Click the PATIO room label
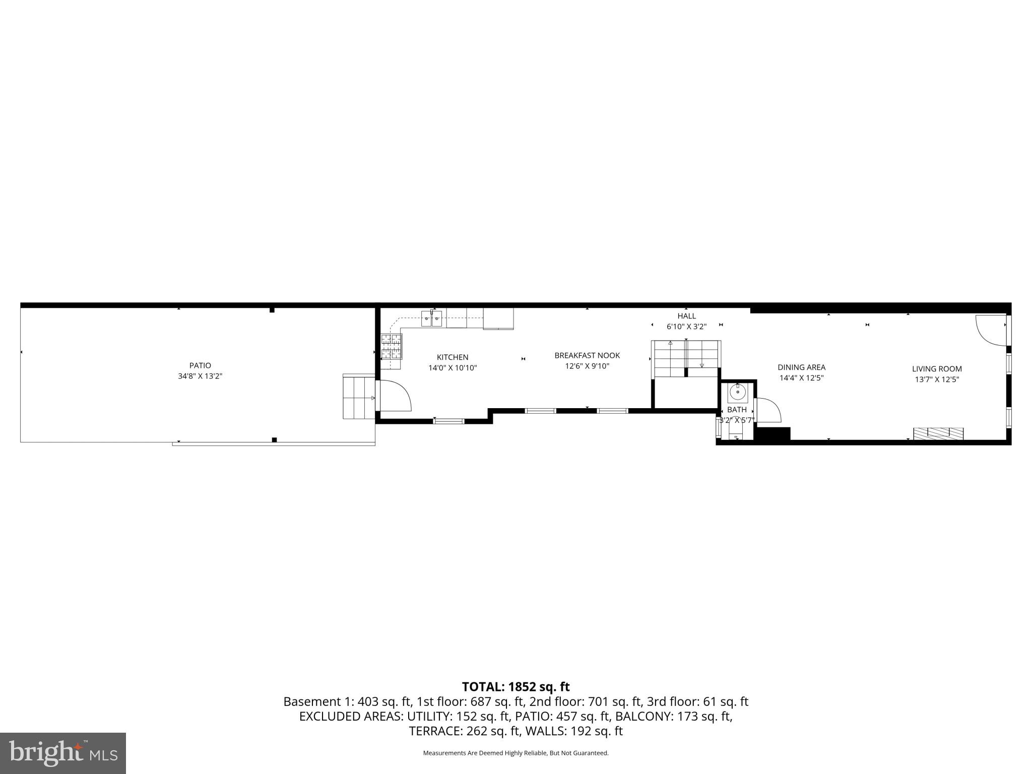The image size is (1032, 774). pos(200,365)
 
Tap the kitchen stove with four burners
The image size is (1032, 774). pos(392,346)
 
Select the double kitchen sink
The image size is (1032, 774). pos(432,318)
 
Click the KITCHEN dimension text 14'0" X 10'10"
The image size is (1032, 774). pos(453,368)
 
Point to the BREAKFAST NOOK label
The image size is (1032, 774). pos(587,355)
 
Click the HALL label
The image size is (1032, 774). pos(686,316)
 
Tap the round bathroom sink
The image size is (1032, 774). pos(738,392)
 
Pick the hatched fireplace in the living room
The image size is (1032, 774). pos(938,433)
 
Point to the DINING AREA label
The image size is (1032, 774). pos(801,367)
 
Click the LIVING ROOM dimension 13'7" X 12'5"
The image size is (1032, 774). pos(937,379)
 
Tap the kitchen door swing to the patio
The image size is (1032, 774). pos(396,396)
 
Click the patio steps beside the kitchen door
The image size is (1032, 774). pos(358,397)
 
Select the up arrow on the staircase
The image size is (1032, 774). pos(670,343)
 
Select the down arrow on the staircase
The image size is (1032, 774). pos(702,365)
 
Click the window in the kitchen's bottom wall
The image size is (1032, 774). pos(448,421)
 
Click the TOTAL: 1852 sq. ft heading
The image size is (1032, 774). pos(515,687)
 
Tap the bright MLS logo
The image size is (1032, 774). pos(63,753)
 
